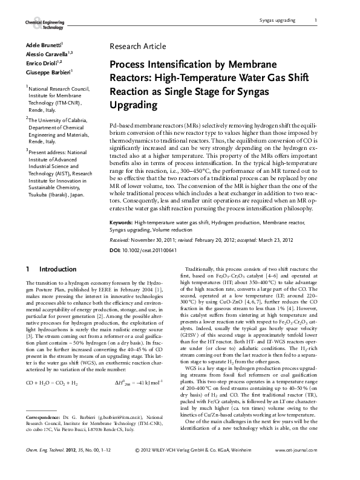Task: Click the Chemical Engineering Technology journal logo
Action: pos(44,24)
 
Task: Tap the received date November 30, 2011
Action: pos(162,240)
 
